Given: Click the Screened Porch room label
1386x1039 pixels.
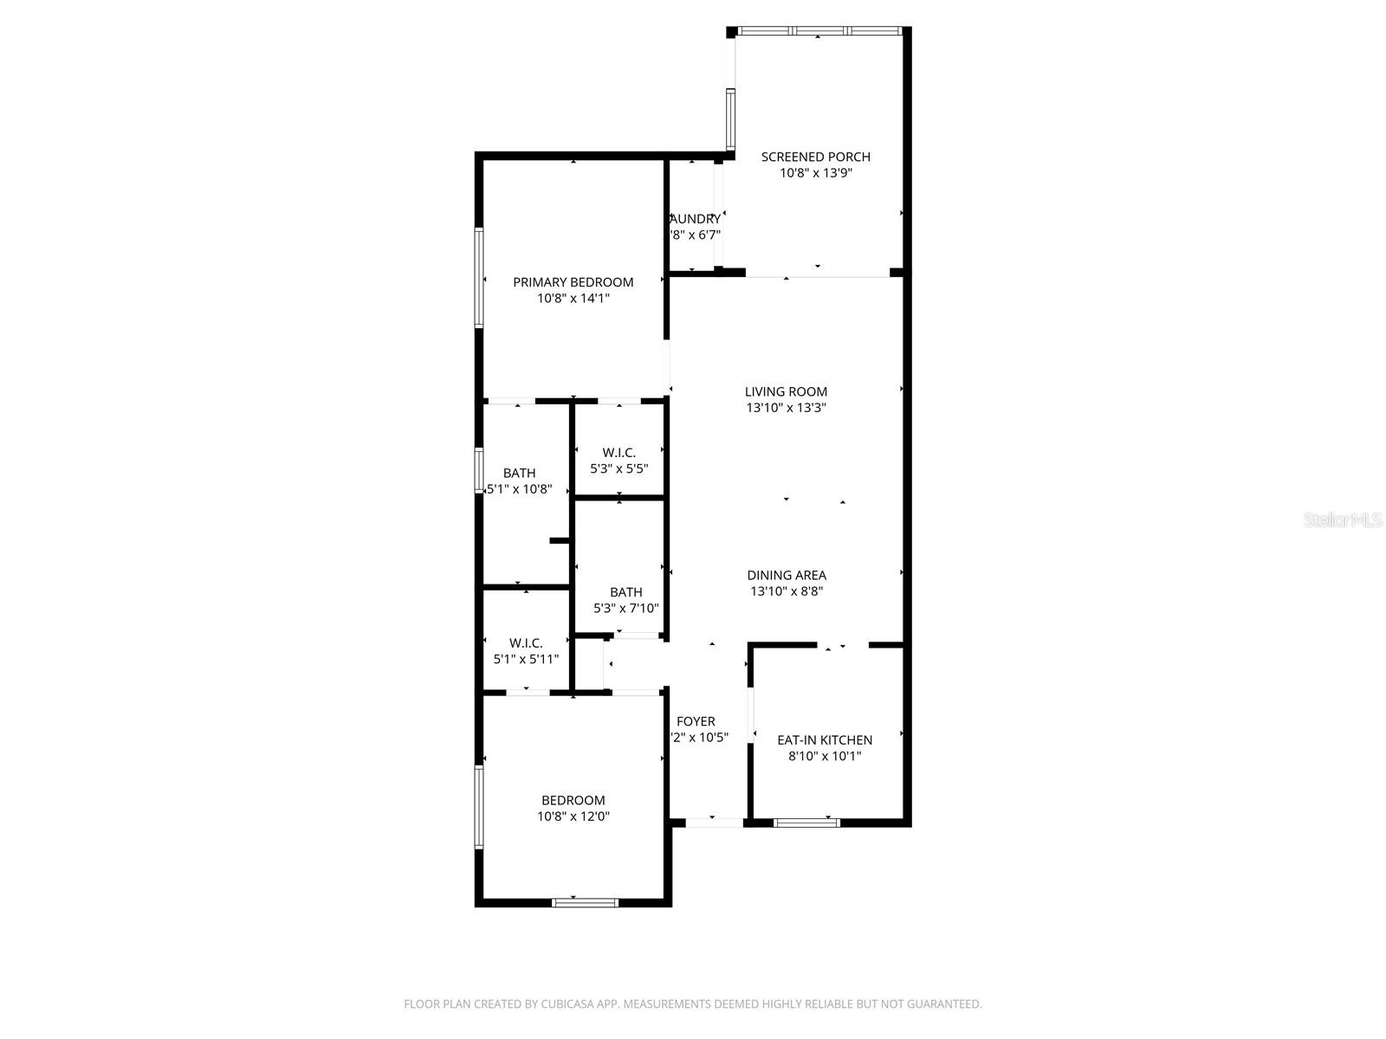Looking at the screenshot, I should pos(815,157).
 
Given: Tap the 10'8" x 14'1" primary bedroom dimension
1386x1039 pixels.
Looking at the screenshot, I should pos(573,299).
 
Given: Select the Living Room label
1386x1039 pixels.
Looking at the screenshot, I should pos(786,391).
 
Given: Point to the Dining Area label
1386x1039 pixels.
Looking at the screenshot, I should pos(787,575).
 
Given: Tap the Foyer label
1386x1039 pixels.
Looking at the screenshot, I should pos(696,721).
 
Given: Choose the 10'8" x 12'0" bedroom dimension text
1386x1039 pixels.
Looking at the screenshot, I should pos(573,816).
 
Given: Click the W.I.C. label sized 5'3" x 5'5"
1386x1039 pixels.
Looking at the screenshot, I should pos(619,453).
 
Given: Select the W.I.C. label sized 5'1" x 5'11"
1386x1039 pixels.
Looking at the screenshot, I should pos(526,642).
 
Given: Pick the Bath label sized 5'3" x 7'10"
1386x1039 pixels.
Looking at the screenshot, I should pos(625,592).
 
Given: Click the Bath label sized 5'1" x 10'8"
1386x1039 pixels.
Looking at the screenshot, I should pos(519,473).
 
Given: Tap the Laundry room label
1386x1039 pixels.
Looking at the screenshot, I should pos(695,219).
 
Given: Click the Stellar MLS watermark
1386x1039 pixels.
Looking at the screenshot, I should pos(1342,519).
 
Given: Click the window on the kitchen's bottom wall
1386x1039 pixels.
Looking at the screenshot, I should pos(806,823).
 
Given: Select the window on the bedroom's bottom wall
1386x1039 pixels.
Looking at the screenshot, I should pos(586,902).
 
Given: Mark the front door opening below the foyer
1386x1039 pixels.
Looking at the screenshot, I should pos(714,823).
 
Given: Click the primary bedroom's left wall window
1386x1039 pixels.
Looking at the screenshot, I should pos(479,277).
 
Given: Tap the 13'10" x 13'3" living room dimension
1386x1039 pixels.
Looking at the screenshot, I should pos(786,408).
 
